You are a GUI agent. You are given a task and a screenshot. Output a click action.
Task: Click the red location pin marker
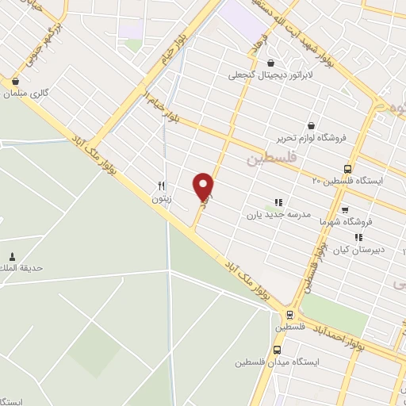(x=204, y=186)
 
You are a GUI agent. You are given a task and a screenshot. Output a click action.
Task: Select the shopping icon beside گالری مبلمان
(x=15, y=80)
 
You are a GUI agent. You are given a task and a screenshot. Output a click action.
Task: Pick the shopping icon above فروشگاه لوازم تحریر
(x=310, y=124)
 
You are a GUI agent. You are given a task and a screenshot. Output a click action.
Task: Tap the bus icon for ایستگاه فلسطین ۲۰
(x=347, y=168)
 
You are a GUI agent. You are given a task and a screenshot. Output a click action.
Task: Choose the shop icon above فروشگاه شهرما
(x=344, y=210)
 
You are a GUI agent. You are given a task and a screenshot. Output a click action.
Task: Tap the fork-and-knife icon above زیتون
(x=162, y=186)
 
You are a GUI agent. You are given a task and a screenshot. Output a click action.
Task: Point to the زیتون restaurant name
(x=162, y=199)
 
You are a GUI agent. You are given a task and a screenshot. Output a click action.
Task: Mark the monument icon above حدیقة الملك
(x=12, y=256)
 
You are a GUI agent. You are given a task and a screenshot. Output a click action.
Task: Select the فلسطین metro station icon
(x=290, y=314)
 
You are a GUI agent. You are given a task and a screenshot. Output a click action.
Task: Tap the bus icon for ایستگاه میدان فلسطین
(x=277, y=350)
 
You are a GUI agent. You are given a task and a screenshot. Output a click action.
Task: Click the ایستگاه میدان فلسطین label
(x=275, y=362)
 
